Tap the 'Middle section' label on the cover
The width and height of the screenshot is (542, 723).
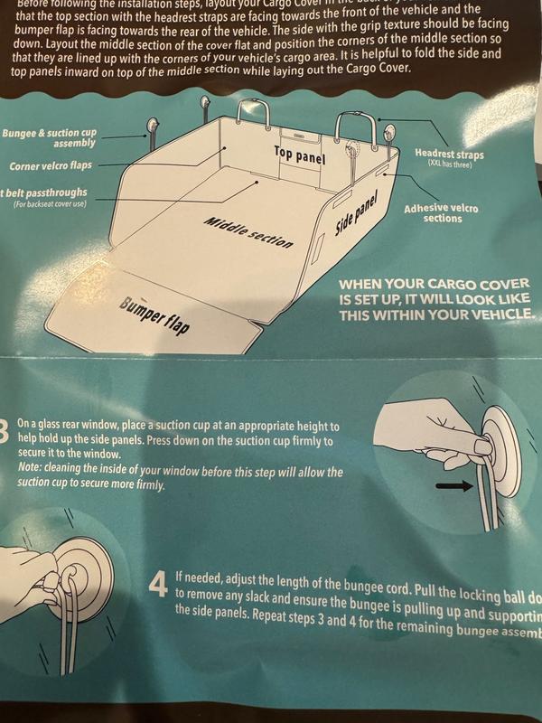[248, 233]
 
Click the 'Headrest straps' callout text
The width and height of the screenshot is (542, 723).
[449, 155]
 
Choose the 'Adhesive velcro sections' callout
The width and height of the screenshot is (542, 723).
[441, 213]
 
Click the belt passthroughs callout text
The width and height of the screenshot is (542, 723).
[45, 192]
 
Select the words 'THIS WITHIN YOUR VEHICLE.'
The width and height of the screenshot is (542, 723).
[436, 315]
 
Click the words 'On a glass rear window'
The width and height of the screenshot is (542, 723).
[76, 426]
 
